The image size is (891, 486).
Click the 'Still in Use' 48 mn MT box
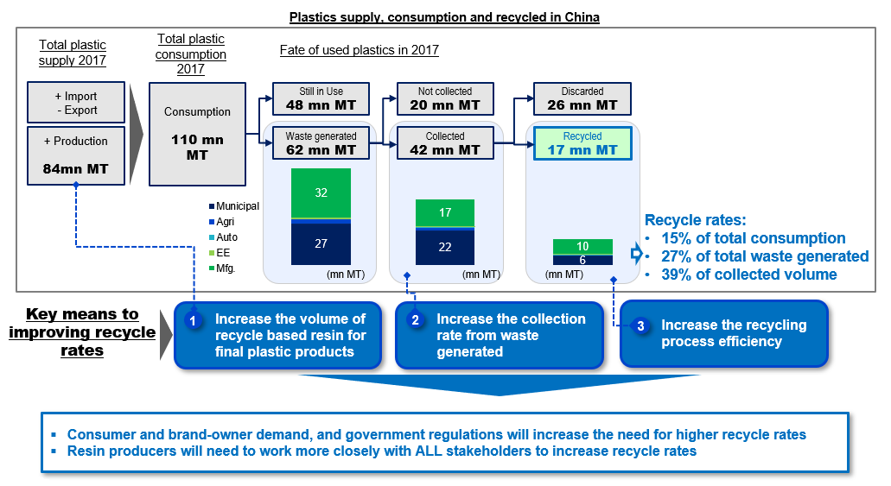click(321, 98)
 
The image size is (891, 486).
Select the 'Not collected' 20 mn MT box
click(445, 98)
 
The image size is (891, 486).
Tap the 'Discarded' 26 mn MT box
click(582, 98)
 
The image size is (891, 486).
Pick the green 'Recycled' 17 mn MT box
click(582, 143)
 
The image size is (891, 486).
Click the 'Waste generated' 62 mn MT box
click(321, 143)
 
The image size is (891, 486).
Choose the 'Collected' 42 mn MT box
click(445, 143)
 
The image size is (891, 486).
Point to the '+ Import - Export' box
click(76, 103)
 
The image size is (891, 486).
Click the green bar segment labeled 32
click(321, 193)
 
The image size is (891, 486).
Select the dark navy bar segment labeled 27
click(321, 244)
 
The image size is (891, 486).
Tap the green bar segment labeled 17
click(445, 213)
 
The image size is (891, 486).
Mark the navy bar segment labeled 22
click(445, 247)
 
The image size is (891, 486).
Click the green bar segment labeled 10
click(582, 246)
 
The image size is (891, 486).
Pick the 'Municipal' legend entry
click(234, 206)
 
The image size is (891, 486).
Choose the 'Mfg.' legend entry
click(222, 268)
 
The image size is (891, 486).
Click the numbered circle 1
click(194, 321)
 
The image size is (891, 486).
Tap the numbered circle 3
click(641, 326)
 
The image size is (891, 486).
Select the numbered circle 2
click(416, 320)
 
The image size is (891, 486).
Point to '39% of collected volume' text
click(749, 275)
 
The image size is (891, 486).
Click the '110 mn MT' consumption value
click(197, 147)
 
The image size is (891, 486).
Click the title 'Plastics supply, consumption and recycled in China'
click(444, 17)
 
